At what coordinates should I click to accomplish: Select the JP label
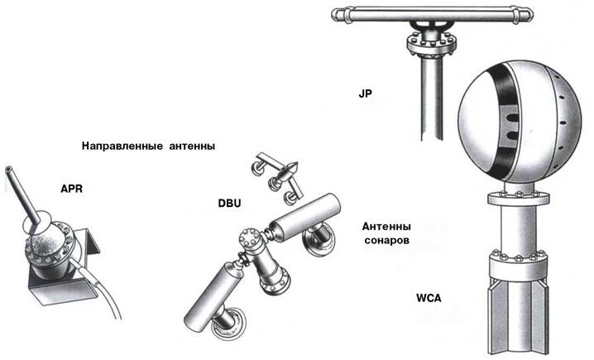pos(366,96)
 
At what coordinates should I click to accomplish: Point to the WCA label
pos(429,295)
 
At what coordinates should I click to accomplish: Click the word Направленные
pos(125,146)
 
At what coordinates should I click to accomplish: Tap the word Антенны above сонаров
pos(387,226)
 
